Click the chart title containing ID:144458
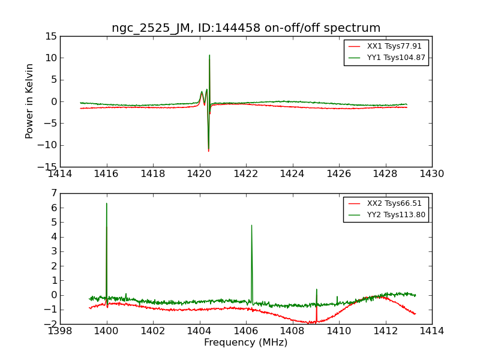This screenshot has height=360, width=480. (246, 28)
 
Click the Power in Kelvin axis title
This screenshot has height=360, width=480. (29, 101)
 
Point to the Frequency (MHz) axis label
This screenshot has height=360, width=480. (246, 343)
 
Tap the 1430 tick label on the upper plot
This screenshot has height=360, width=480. (432, 174)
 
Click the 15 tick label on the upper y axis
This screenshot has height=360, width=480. (50, 36)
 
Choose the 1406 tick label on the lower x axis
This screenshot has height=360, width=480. (246, 331)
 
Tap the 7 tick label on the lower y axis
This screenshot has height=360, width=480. (54, 193)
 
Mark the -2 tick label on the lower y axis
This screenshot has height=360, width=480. (52, 324)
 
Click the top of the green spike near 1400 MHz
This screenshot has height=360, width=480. (107, 203)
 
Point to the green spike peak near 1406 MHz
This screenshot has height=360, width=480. (251, 226)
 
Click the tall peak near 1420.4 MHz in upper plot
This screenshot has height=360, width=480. (209, 56)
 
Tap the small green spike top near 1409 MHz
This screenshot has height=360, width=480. (317, 289)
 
